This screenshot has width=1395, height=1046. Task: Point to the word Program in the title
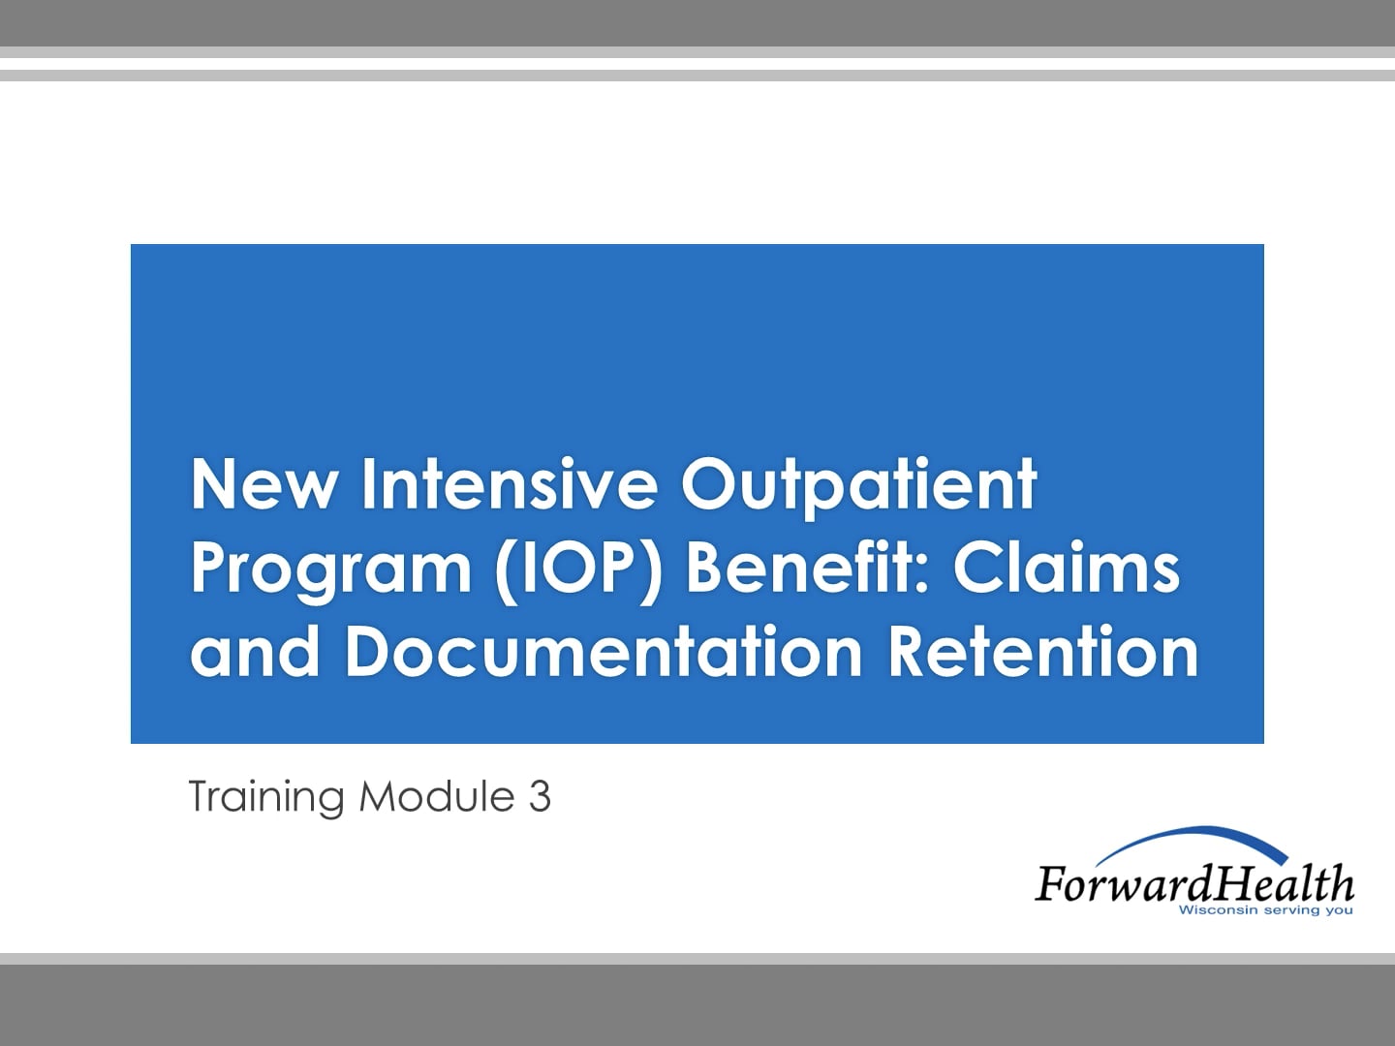330,569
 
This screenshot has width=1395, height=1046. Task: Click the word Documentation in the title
604,651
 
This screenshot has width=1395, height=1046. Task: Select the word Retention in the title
1043,651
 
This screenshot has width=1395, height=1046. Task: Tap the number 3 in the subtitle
540,796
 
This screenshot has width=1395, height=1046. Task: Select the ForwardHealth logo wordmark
1193,883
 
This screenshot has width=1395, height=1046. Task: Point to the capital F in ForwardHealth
1049,883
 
